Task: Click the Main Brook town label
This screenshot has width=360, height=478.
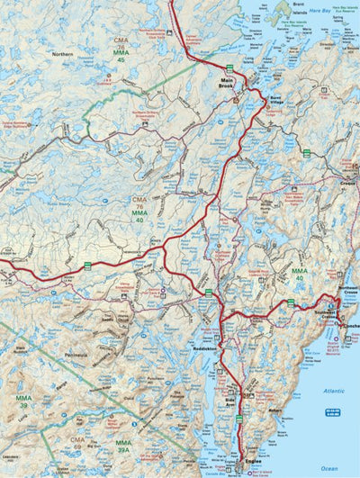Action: click(x=228, y=85)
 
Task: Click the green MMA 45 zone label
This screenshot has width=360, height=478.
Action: click(x=120, y=58)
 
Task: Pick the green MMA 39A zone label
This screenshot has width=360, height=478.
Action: click(x=122, y=446)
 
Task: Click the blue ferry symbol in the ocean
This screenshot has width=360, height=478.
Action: click(x=332, y=411)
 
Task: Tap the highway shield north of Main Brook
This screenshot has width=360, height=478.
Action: click(x=229, y=68)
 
